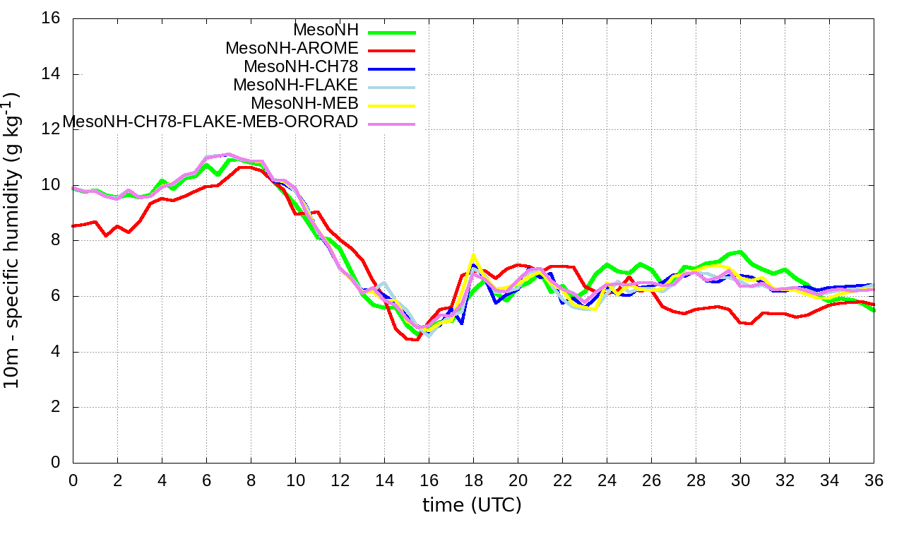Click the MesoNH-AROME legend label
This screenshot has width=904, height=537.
pos(292,48)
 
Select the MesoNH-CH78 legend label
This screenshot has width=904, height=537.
pos(301,66)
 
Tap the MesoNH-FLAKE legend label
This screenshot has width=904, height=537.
pos(296,85)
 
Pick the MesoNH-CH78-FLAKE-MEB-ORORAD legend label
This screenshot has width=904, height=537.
pos(210,122)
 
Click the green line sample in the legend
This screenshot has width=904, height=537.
pos(392,32)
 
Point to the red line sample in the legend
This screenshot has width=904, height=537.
pos(392,50)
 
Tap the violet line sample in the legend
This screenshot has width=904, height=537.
pos(392,124)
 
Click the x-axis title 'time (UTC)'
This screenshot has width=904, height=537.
pos(472,505)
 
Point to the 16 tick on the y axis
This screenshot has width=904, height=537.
pos(50,18)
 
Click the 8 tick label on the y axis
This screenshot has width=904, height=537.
pos(56,240)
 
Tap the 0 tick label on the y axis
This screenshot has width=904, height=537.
pos(56,462)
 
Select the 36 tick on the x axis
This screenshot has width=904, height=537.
pos(874,480)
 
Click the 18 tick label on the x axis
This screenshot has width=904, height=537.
pos(473,480)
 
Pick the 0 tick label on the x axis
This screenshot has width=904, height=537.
pos(73,480)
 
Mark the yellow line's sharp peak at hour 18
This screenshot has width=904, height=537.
pos(473,255)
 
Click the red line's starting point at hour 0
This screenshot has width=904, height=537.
pos(73,226)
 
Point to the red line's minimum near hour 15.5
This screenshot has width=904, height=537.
pos(417,340)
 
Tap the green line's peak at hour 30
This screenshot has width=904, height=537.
pos(740,252)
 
